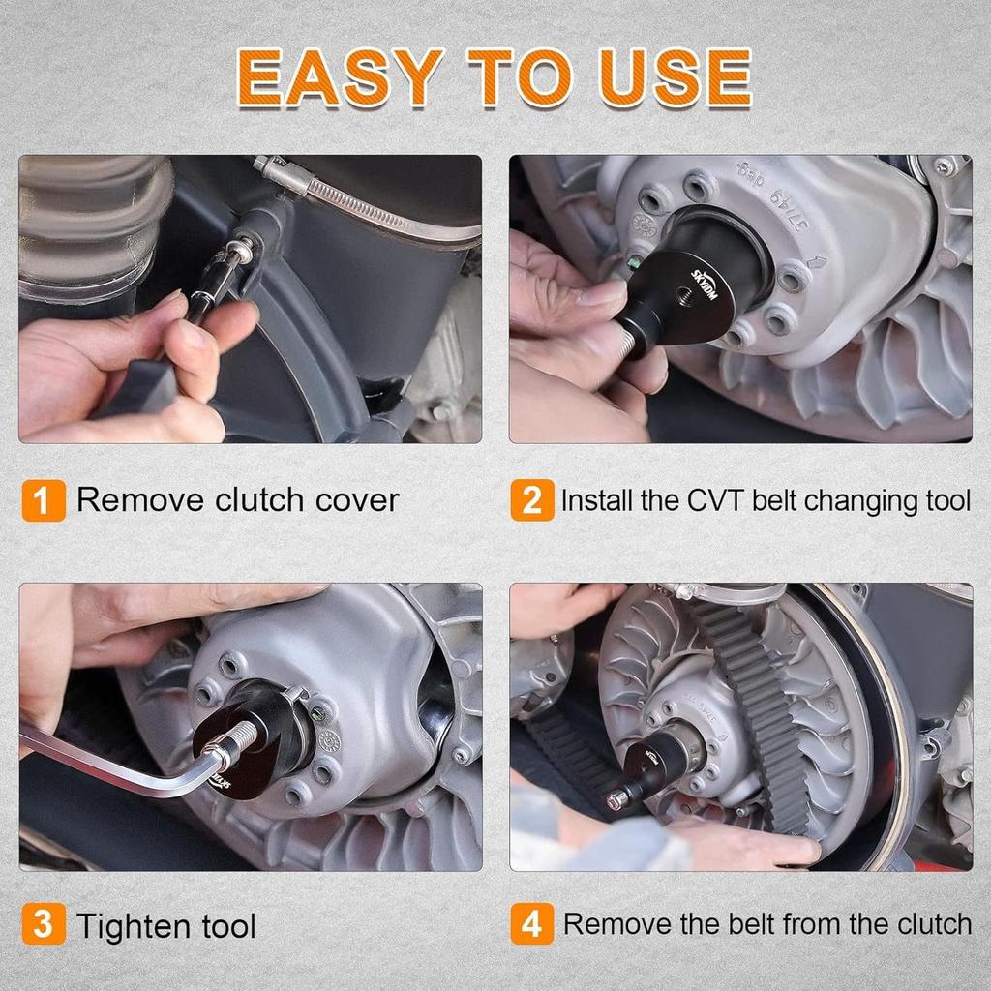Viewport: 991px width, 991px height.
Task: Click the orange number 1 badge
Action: [44, 501]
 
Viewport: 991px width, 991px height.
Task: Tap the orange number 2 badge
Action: [532, 501]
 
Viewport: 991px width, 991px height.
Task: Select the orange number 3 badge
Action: [44, 925]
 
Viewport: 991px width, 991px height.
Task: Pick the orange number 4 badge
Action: [532, 923]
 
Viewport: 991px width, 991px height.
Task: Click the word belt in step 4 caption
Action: [736, 923]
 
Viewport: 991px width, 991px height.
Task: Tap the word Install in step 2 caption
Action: [596, 501]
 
